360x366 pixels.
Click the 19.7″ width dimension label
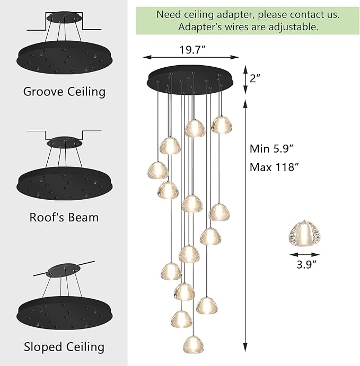pyautogui.click(x=191, y=50)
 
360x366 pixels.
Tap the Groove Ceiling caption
pyautogui.click(x=64, y=91)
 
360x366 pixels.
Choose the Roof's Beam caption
pyautogui.click(x=64, y=217)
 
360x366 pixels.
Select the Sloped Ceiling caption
pyautogui.click(x=64, y=347)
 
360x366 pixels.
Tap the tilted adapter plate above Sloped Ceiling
pyautogui.click(x=63, y=272)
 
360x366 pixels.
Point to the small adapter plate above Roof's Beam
pyautogui.click(x=64, y=142)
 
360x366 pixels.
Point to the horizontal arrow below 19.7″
pyautogui.click(x=191, y=58)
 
